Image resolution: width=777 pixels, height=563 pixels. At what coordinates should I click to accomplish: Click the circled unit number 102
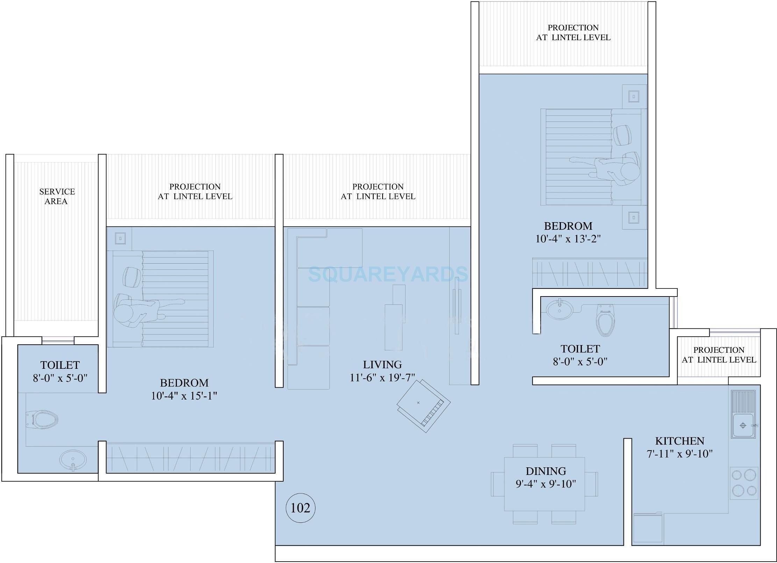coord(300,508)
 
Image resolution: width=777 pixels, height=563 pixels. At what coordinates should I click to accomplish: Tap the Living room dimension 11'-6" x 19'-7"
coord(382,378)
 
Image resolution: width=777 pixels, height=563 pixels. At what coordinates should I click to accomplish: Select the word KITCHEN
coord(679,441)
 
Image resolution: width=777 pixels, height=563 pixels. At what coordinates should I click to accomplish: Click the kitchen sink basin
coord(743,425)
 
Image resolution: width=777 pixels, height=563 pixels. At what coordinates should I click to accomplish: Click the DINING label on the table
coord(546,471)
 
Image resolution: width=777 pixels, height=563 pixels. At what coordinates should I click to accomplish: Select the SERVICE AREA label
coord(57,196)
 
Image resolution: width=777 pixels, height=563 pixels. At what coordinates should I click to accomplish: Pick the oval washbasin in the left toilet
coord(73,460)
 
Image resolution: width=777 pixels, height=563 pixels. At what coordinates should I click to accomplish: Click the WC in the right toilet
coord(605,320)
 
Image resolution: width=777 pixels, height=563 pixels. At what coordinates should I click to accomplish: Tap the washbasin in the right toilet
coord(559,309)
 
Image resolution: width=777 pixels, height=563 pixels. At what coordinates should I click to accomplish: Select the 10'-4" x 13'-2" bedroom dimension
coord(568,239)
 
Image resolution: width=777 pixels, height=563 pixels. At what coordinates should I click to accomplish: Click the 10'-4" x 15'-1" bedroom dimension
coord(184,396)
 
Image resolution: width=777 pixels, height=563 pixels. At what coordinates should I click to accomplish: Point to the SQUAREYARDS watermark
coord(387,274)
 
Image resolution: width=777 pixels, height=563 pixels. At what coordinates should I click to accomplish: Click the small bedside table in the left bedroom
coord(120,239)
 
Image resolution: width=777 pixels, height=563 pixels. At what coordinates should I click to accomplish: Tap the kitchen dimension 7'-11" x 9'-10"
coord(679,454)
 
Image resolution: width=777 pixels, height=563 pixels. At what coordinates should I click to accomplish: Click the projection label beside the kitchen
coord(719,355)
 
